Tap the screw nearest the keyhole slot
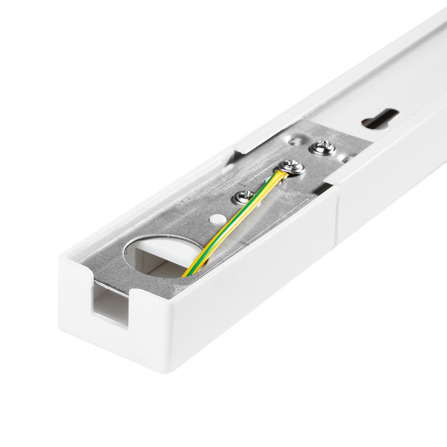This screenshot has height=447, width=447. pos(323,148)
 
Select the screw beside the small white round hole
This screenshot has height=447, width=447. pos(243,197)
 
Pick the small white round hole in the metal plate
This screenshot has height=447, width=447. pos(218,219)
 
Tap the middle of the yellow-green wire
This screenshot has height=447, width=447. pos(232,223)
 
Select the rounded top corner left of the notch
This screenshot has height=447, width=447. pos(67,261)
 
